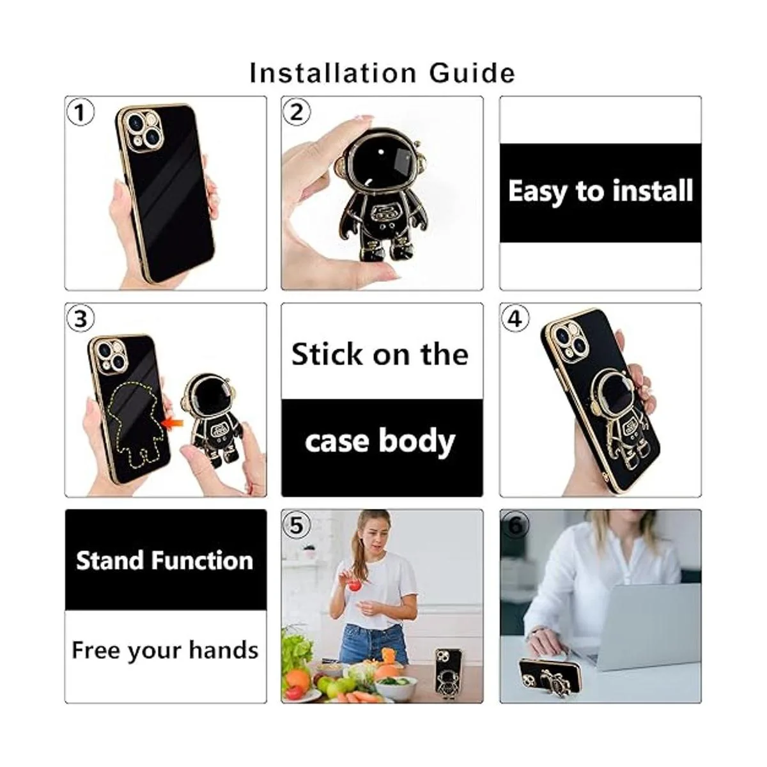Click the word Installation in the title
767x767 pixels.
click(333, 74)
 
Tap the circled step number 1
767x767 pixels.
click(81, 112)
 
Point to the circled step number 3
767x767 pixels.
click(81, 318)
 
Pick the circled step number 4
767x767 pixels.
click(515, 318)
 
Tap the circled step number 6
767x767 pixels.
click(515, 525)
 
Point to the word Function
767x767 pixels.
click(203, 561)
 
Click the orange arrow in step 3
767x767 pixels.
click(174, 424)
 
